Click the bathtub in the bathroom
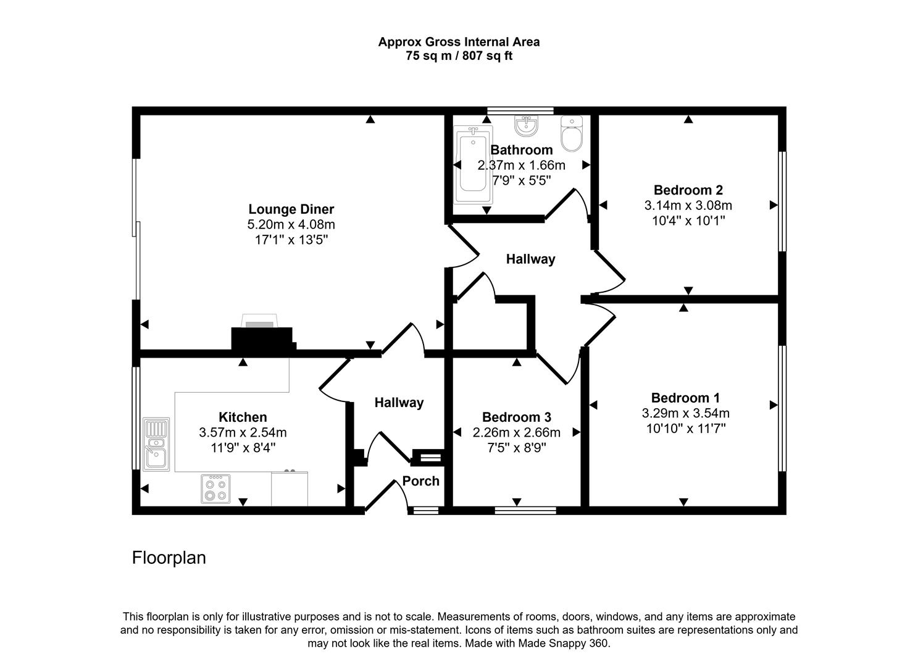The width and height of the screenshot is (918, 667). tap(473, 166)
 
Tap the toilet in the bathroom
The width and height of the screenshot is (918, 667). tap(572, 134)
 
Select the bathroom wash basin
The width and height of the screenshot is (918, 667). tap(526, 127)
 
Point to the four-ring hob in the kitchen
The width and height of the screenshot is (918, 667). tap(215, 489)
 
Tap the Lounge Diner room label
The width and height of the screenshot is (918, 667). tap(291, 209)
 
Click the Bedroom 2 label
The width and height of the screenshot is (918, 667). tap(688, 190)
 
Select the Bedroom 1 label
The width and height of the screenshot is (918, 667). tap(685, 398)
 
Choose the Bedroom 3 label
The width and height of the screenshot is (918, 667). tap(516, 417)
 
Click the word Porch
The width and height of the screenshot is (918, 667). tap(421, 481)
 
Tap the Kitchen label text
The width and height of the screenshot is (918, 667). tap(243, 417)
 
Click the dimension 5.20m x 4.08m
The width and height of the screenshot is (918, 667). tap(291, 225)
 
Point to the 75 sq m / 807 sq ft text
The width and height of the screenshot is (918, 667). tap(459, 56)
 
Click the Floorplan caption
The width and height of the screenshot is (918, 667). tap(169, 558)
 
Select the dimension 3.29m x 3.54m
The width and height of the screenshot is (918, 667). tap(685, 413)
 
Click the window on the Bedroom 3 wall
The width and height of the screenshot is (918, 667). tap(525, 510)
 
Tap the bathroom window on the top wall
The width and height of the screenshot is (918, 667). tap(520, 111)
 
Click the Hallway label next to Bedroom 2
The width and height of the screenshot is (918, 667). tap(530, 259)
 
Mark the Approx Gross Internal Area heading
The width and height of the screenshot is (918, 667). tap(459, 42)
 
